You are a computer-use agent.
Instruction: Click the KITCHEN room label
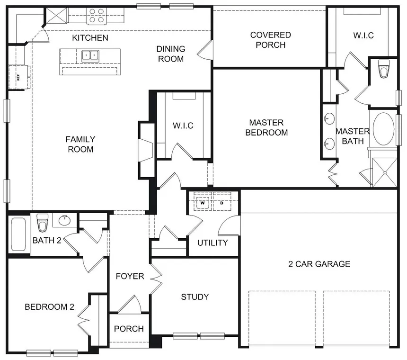90,37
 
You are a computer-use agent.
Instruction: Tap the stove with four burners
97,16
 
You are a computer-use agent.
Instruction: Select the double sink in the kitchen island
90,55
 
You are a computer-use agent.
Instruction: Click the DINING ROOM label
170,54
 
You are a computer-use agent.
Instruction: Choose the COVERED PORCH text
270,40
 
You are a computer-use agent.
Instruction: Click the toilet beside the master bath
383,70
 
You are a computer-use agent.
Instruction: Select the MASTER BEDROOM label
266,127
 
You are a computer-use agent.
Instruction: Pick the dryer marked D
221,203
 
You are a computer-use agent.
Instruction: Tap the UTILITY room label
212,243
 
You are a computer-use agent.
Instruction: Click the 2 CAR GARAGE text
319,264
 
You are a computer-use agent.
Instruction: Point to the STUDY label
195,297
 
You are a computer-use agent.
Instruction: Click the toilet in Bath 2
43,221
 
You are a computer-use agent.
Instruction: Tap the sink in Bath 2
64,220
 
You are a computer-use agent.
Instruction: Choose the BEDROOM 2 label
49,307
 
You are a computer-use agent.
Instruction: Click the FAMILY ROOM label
80,144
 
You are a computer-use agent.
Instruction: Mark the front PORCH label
129,329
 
